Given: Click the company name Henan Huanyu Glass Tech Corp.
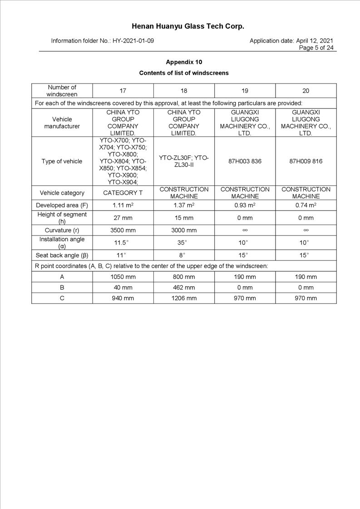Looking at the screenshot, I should (188, 26).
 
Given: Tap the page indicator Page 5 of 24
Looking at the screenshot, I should (316, 48).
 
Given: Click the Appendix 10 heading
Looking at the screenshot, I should (184, 62).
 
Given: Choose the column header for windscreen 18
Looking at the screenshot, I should (184, 91).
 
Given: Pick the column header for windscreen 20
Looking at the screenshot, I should (306, 91).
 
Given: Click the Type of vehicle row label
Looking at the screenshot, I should (62, 162).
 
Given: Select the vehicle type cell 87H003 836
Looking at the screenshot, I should (245, 162).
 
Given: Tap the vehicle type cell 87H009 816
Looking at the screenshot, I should (306, 162).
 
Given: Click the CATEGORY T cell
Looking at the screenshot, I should (123, 193).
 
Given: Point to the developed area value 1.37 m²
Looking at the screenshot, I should (184, 206).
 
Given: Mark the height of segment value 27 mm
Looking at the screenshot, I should (123, 218).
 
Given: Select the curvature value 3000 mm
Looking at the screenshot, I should (184, 230).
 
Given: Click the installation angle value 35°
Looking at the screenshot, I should (184, 243).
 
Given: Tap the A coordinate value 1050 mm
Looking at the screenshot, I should (123, 277).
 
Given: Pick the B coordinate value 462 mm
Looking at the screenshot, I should (184, 288).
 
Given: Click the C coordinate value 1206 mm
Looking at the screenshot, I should (184, 299).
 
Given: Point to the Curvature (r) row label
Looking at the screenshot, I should (62, 230).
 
